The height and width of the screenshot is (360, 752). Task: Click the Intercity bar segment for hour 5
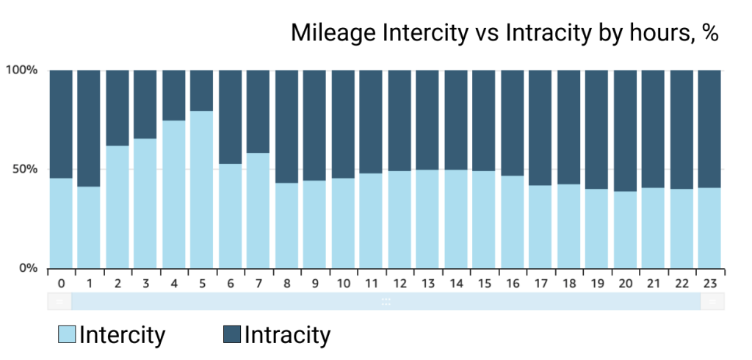click(201, 190)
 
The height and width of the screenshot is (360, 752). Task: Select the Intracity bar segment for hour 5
click(201, 90)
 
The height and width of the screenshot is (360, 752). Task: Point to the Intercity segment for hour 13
click(427, 219)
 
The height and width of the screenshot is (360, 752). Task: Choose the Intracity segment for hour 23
click(709, 129)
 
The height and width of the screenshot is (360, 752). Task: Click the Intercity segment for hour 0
click(61, 223)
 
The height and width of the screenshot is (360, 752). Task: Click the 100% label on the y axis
click(22, 71)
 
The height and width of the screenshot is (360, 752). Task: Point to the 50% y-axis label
click(25, 169)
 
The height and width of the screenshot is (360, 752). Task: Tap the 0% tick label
click(28, 268)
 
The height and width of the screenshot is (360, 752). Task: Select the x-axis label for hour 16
click(512, 283)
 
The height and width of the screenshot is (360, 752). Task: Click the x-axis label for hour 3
click(145, 283)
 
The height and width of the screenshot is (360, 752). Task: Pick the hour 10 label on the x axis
click(343, 283)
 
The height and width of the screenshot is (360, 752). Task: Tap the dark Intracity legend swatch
click(231, 336)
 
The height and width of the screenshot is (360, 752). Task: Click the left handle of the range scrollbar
click(59, 301)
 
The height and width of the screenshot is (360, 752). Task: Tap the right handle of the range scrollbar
click(712, 301)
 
